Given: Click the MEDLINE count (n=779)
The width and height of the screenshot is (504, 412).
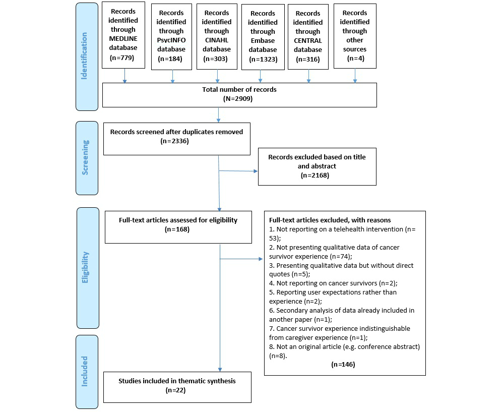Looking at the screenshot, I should coord(123,57).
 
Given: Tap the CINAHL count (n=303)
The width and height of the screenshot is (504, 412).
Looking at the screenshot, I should coord(217,58).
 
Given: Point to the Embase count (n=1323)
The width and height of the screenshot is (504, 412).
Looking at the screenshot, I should coord(260,59).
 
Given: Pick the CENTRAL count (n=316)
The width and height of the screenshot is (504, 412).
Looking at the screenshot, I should coord(308,58).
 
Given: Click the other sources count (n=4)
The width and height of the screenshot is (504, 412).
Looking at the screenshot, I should coord(354,58).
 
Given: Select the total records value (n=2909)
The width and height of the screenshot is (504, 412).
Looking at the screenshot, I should coord(239,98).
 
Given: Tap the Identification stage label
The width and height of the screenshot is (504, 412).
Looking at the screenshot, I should coord(84,56).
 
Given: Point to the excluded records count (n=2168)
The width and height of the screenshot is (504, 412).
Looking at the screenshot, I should coord(317,174).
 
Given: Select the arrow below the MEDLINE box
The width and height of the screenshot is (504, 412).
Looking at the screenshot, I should coord(124,75).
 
